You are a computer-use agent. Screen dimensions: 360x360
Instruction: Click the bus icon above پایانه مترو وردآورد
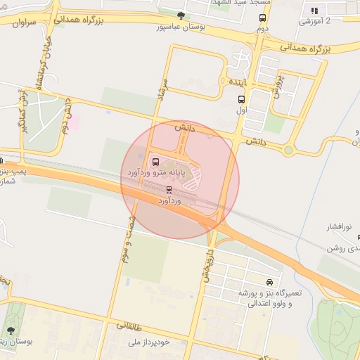[x=156, y=161]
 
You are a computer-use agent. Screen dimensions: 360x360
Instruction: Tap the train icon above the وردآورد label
[x=169, y=190]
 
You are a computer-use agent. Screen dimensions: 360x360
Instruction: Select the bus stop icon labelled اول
[x=241, y=100]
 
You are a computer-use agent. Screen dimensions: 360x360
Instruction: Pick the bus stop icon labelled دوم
[x=262, y=18]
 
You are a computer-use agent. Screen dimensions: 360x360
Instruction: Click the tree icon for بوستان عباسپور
[x=181, y=15]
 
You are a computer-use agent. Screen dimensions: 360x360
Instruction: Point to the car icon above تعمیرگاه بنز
[x=269, y=281]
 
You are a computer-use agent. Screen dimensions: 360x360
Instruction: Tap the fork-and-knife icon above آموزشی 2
[x=314, y=11]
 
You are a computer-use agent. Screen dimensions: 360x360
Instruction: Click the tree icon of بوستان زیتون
[x=11, y=329]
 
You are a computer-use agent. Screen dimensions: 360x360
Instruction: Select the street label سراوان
[x=23, y=22]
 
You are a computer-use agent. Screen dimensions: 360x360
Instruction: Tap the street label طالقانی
[x=128, y=327]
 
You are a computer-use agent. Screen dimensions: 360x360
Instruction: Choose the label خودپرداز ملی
[x=150, y=342]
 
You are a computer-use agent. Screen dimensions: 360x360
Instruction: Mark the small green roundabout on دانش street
[x=287, y=149]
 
